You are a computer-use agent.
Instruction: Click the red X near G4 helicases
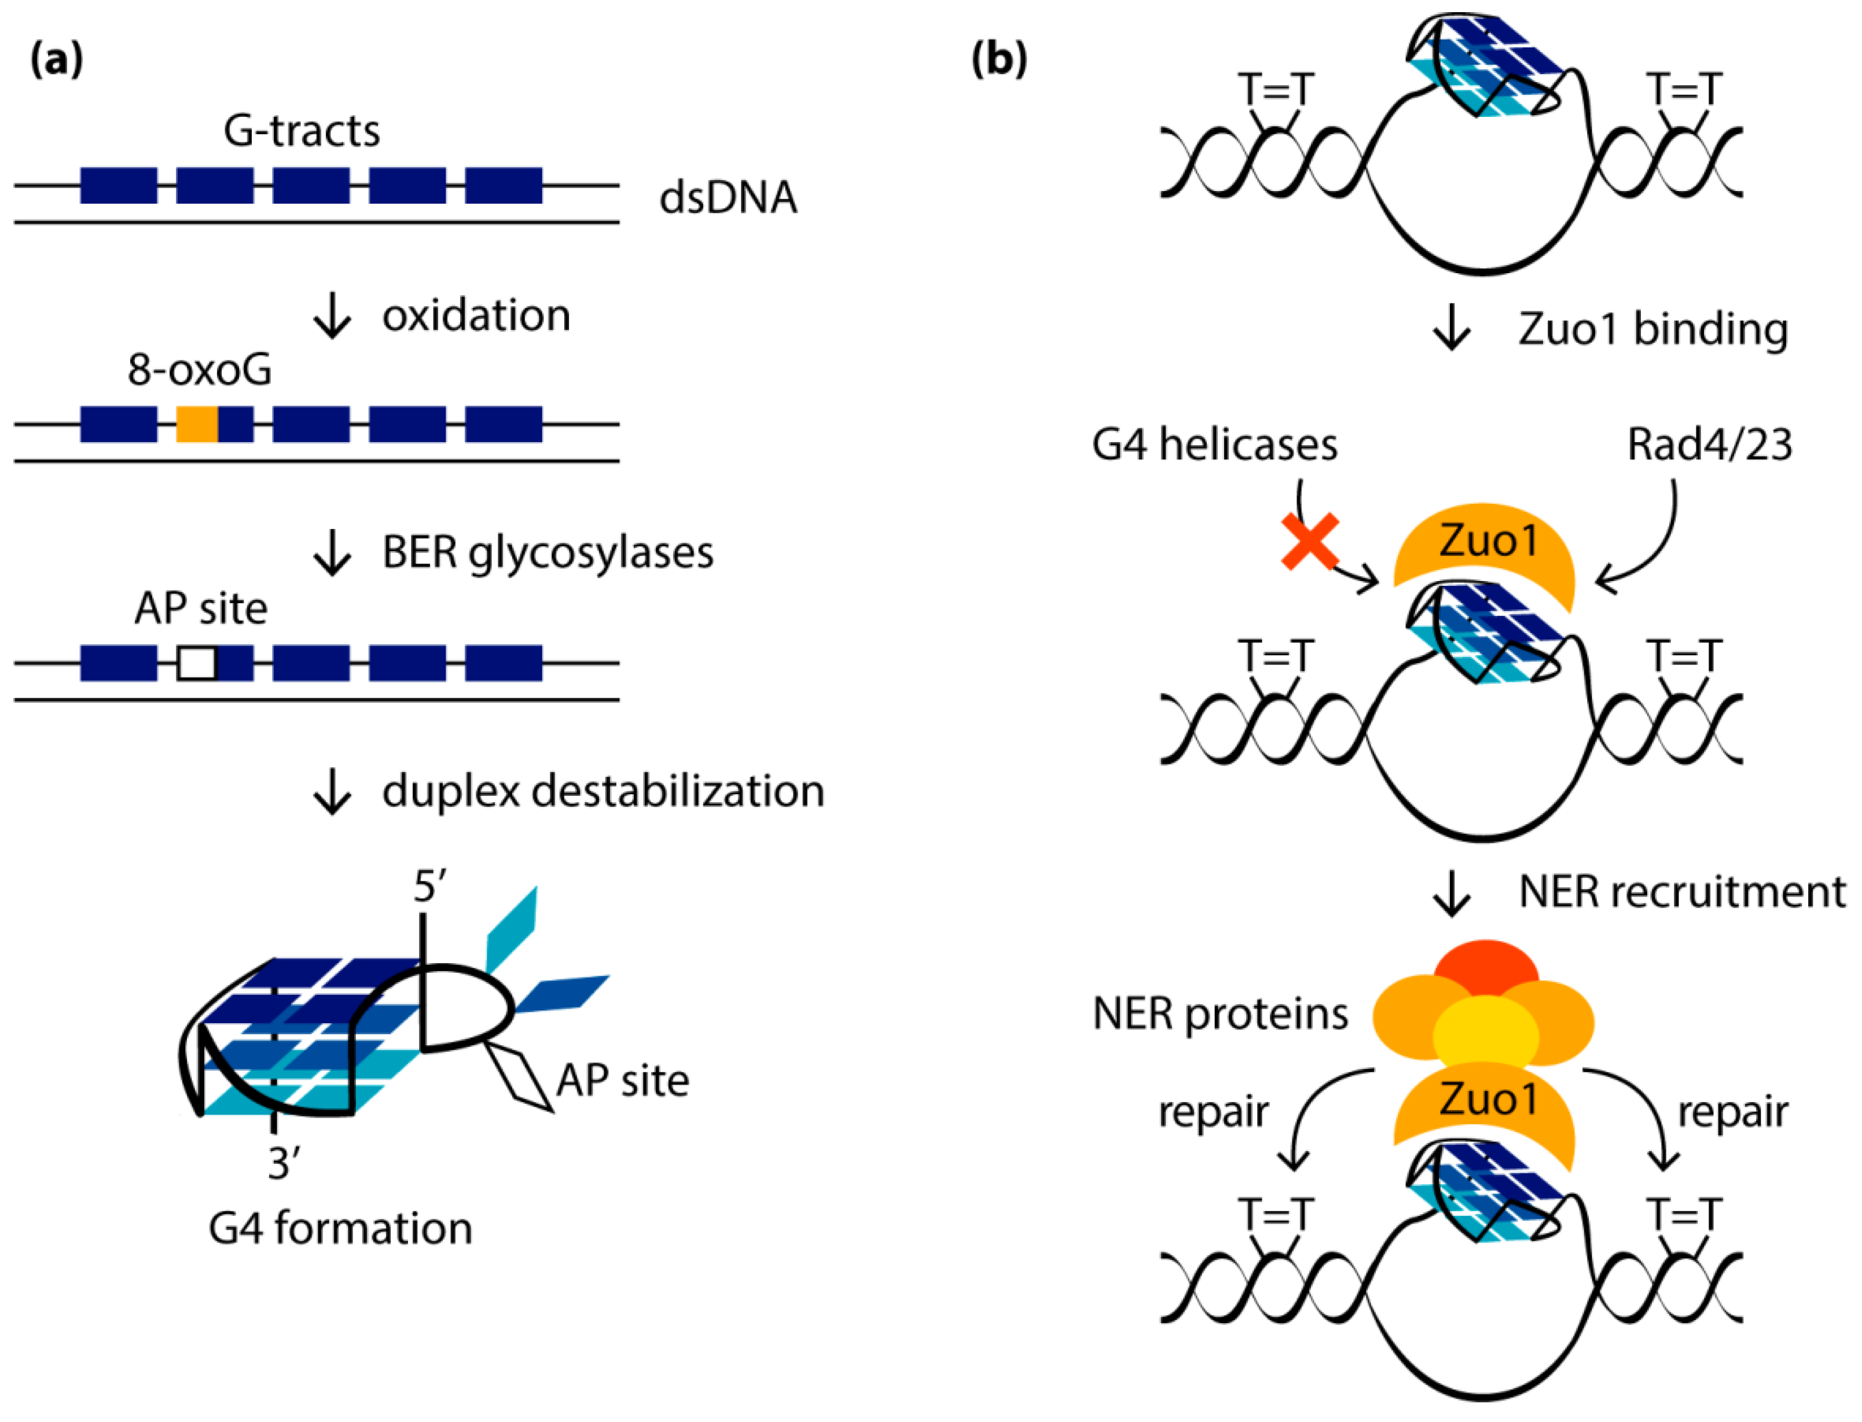coord(1309,542)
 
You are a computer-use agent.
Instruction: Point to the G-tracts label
coord(302,131)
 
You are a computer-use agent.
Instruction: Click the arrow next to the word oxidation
coord(332,316)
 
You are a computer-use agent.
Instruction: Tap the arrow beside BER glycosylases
coord(332,553)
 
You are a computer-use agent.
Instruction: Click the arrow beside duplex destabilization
coord(332,791)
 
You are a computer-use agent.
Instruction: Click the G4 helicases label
coord(1214,445)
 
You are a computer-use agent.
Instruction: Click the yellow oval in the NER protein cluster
coord(1485,1032)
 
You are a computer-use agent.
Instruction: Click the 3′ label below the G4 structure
coord(284,1164)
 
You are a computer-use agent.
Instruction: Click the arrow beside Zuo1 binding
coord(1452,328)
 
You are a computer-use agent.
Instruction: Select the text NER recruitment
coord(1682,892)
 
